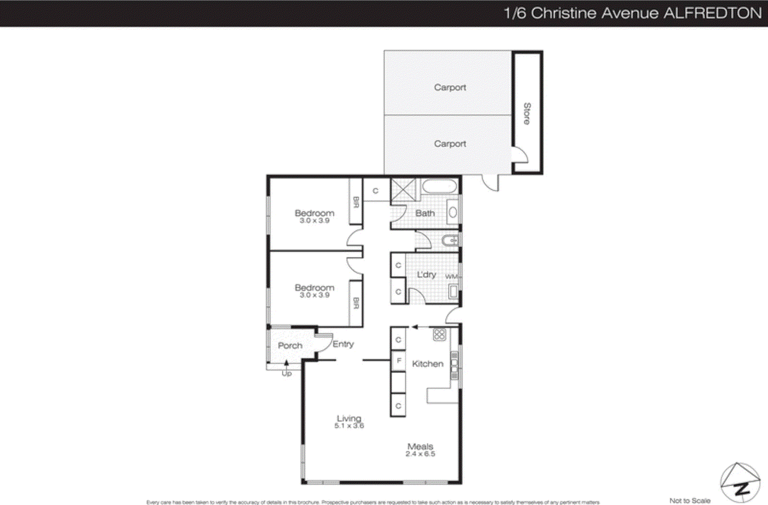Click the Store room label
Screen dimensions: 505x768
[x=527, y=114]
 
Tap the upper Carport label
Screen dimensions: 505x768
[x=450, y=87]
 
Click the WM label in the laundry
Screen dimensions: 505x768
[x=451, y=277]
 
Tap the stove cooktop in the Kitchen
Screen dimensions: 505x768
[x=439, y=335]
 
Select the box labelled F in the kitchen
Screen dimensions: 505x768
[x=398, y=361]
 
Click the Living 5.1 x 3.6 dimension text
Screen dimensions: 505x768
[x=349, y=426]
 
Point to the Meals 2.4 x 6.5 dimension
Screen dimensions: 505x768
[x=420, y=454]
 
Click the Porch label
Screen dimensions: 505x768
[x=290, y=346]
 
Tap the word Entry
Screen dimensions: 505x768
[x=343, y=344]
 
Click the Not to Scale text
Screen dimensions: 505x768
[x=690, y=500]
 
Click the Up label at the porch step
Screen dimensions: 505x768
[x=287, y=373]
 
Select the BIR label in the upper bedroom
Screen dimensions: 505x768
[x=356, y=202]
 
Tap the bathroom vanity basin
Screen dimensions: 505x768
[x=453, y=212]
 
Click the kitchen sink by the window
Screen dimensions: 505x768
[x=454, y=366]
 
